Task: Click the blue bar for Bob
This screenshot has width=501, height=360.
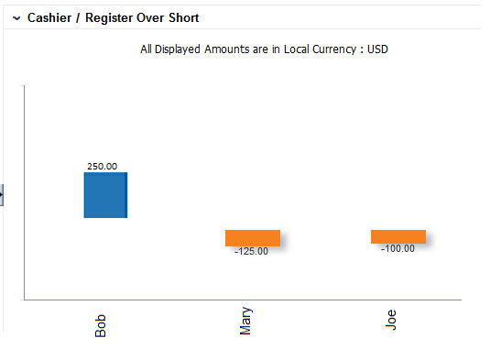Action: click(105, 195)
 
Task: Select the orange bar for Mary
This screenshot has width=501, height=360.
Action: click(252, 238)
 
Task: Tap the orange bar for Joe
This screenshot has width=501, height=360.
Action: click(398, 236)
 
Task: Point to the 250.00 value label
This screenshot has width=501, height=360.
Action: click(102, 166)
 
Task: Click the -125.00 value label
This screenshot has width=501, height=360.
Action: click(251, 252)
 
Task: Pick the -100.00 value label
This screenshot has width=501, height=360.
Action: click(398, 248)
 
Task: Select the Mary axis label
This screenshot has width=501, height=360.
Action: click(245, 322)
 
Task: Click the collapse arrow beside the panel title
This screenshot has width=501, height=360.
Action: click(16, 18)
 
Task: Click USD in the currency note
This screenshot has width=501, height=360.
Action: click(377, 49)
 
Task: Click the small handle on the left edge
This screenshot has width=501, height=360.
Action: click(2, 194)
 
